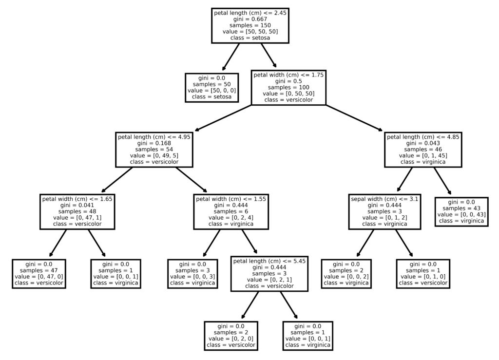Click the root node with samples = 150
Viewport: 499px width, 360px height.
[250, 25]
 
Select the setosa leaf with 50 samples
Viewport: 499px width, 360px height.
[212, 88]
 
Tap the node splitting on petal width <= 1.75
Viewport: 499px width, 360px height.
[288, 88]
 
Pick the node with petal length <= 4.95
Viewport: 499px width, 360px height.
[154, 150]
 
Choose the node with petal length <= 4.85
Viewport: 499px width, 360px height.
[423, 150]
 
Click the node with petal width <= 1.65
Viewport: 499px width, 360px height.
[77, 211]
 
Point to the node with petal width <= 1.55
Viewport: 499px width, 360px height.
[231, 211]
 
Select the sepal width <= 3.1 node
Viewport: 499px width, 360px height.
[384, 211]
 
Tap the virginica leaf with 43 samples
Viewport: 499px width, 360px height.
[461, 211]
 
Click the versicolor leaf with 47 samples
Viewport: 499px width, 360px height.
[39, 273]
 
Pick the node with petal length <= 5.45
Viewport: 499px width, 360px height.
[269, 273]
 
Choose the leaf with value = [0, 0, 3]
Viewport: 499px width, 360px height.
[192, 273]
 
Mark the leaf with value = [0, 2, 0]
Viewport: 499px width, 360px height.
[231, 336]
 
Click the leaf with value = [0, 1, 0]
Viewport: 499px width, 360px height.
[423, 273]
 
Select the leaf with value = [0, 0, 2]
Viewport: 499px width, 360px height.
[346, 273]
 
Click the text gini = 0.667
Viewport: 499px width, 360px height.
[250, 19]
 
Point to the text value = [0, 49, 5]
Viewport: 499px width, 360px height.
[154, 155]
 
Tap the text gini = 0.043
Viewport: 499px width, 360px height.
[423, 143]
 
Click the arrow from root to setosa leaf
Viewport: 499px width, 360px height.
[230, 57]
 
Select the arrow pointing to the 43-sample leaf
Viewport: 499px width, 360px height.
[442, 181]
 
